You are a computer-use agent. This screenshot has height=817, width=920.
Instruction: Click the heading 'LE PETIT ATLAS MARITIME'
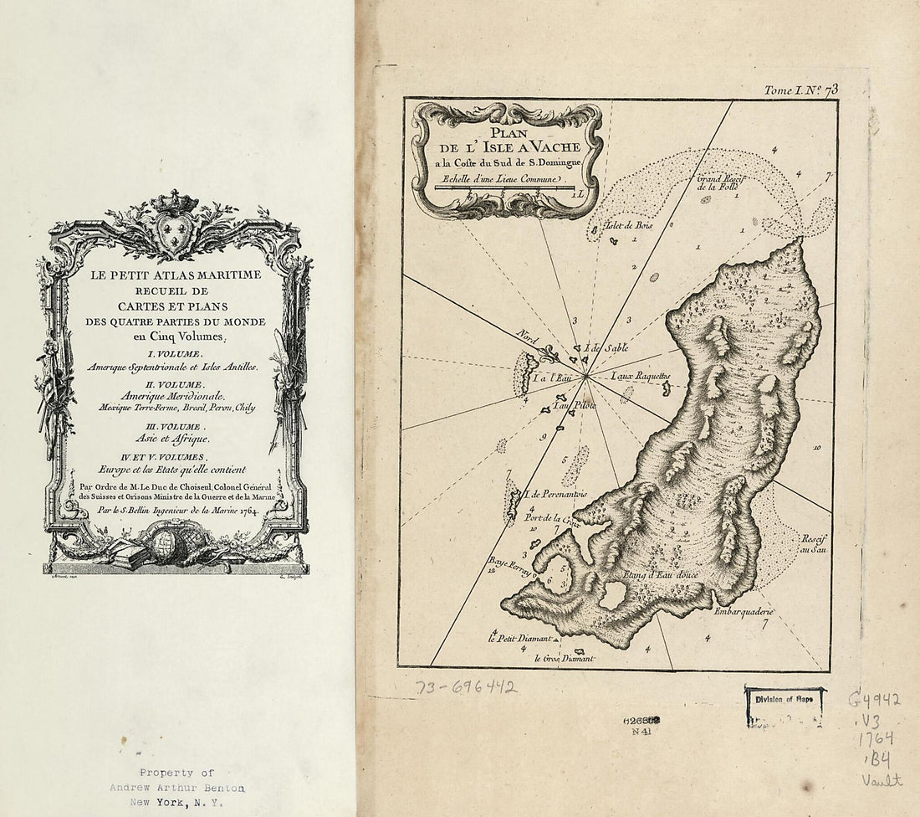175,275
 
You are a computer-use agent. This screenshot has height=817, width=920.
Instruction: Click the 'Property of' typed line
176,773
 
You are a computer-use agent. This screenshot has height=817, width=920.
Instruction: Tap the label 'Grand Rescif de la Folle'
720,182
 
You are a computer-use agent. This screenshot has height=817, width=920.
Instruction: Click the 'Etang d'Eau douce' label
661,576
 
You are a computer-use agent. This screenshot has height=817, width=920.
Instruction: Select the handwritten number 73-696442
467,687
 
